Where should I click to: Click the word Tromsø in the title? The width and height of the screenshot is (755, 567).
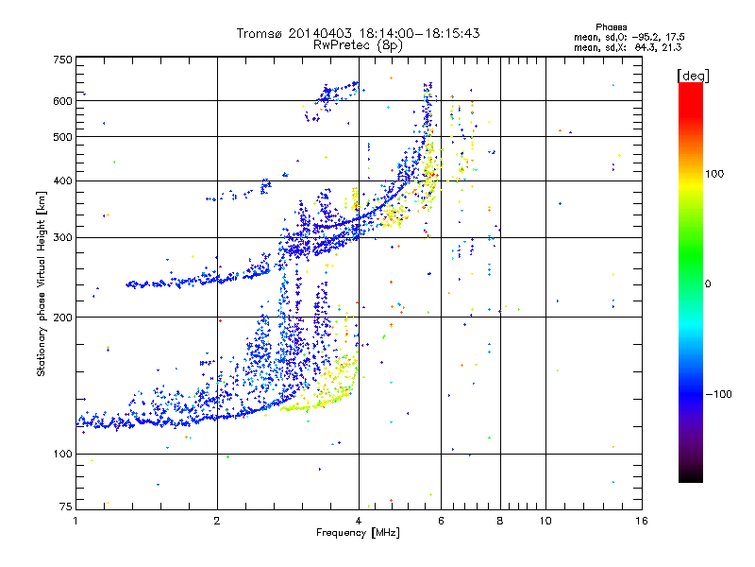tap(261, 33)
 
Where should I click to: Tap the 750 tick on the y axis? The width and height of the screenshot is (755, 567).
tap(62, 60)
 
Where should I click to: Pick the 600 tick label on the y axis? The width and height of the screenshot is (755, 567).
tap(62, 100)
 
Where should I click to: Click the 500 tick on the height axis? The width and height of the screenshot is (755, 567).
tap(62, 137)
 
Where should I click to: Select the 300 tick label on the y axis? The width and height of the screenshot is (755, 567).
tap(62, 237)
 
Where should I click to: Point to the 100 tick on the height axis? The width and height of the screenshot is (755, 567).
tap(62, 454)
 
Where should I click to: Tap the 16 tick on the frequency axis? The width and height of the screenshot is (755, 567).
tap(640, 521)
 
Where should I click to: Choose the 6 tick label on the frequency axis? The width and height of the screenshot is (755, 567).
tap(442, 521)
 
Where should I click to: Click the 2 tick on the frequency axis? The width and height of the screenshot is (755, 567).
tap(217, 521)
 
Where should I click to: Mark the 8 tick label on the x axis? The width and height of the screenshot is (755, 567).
tap(500, 521)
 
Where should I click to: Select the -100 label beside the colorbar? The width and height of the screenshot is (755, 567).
tap(719, 394)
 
